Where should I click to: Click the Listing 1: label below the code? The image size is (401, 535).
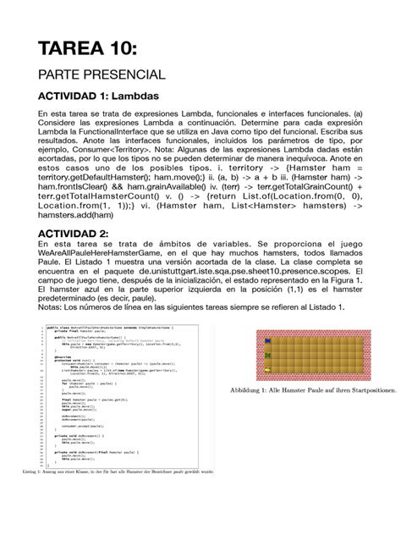click(40, 471)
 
